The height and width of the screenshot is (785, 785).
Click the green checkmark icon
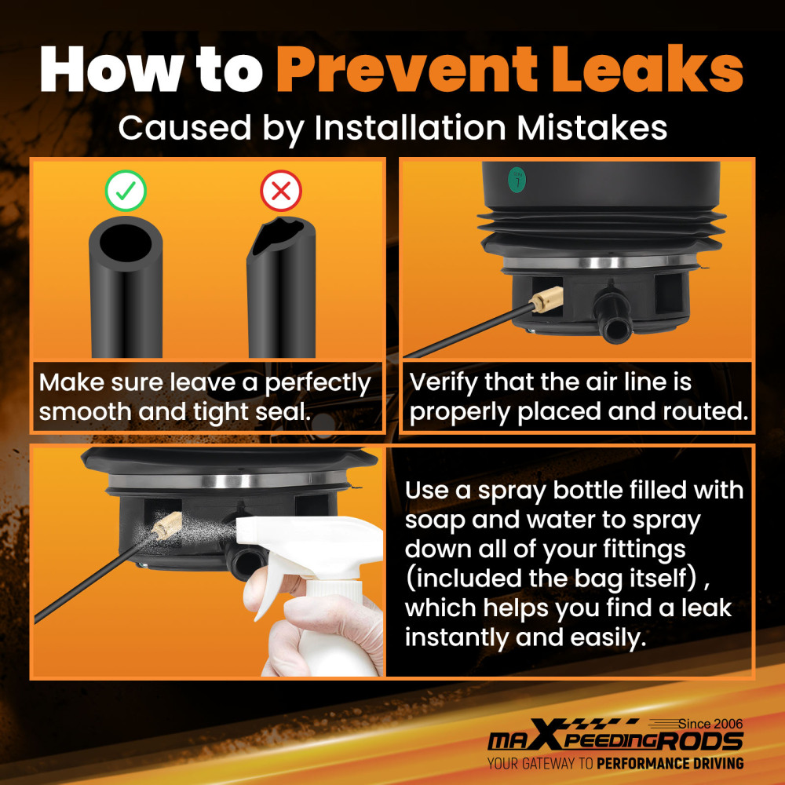(126, 191)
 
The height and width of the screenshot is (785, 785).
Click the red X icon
(281, 191)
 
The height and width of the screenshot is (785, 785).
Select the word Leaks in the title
(648, 69)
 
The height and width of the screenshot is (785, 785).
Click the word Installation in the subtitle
(411, 128)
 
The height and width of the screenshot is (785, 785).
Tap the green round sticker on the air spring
(517, 180)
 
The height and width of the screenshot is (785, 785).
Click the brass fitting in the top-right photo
(547, 300)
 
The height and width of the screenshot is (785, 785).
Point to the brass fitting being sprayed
(167, 525)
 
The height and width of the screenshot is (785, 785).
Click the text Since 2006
(711, 724)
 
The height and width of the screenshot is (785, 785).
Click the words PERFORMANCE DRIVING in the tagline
(670, 764)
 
